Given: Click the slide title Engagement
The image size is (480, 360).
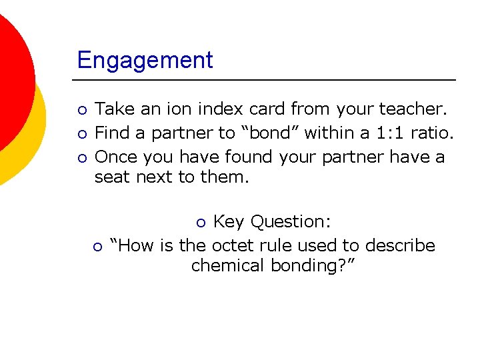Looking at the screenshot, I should (145, 60).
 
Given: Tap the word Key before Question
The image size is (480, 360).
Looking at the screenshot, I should (229, 221).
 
